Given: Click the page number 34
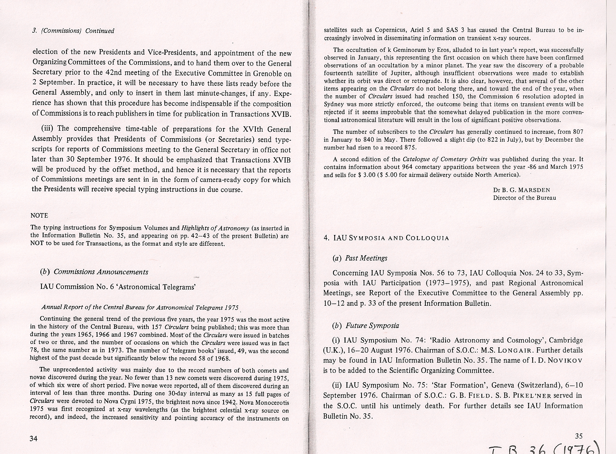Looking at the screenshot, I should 33,439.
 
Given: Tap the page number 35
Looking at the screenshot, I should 579,436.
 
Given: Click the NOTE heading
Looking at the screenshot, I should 39,216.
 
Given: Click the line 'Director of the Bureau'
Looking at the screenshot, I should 524,198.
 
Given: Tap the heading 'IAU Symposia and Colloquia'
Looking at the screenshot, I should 386,238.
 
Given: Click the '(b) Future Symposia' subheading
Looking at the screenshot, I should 366,326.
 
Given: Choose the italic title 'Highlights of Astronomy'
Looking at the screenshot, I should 216,228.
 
